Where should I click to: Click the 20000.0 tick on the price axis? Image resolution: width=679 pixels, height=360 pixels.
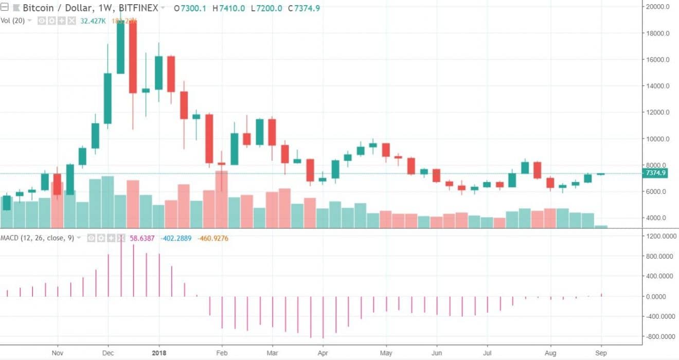tap(658, 7)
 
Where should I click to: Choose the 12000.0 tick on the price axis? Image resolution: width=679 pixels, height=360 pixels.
tap(658, 112)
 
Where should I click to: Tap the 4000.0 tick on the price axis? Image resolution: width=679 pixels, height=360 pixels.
tap(656, 218)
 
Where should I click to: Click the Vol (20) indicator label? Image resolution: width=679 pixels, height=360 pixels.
tap(13, 21)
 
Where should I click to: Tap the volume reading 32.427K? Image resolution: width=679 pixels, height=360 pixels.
tap(93, 21)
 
